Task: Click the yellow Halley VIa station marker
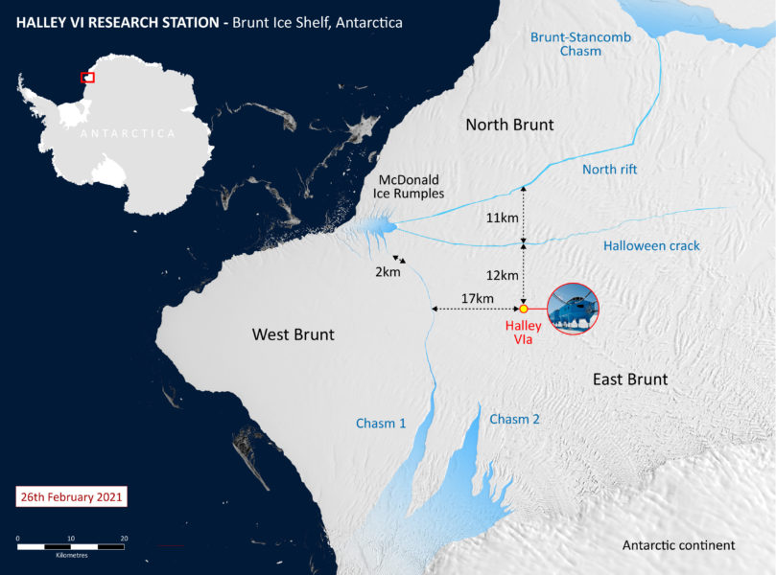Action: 524,309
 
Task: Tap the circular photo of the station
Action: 572,309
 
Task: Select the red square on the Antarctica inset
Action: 87,77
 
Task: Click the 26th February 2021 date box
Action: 72,497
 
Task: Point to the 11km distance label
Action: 502,218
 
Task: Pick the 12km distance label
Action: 502,275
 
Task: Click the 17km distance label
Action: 477,299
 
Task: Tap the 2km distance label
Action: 388,272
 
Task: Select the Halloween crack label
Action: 651,246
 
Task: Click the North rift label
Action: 609,170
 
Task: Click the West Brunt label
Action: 293,334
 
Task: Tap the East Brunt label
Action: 629,379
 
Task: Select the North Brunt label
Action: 509,125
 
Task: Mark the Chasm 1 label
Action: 381,423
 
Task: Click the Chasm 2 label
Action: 515,419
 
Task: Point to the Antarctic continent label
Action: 678,545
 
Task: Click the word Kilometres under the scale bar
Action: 71,556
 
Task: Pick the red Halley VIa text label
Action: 524,333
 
